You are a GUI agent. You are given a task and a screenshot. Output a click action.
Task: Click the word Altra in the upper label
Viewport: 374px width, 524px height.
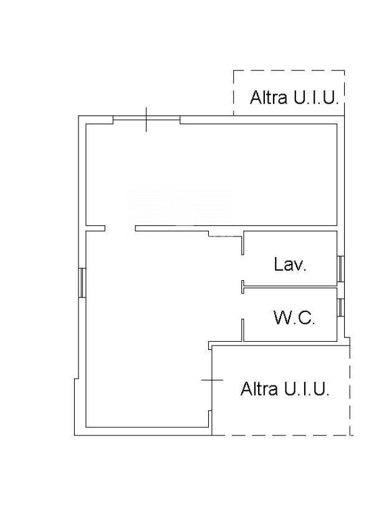coord(269,97)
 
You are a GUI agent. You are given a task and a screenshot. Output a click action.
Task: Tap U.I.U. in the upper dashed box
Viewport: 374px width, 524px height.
coord(316,97)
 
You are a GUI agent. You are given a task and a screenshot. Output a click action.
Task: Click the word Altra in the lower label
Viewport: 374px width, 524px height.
coord(259,389)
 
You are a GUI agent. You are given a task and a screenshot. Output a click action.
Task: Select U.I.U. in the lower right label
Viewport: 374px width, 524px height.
coord(307,389)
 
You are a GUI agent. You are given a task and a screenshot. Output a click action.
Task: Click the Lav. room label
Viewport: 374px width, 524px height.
coord(290,264)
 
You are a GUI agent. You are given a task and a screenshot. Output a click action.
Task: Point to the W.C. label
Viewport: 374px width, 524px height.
coord(294,318)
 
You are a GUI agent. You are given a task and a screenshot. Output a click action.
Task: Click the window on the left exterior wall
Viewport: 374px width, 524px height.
coord(82,283)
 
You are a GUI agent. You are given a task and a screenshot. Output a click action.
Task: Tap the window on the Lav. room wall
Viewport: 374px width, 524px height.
coord(340,269)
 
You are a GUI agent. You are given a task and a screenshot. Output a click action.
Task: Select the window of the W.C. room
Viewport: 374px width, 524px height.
coord(340,307)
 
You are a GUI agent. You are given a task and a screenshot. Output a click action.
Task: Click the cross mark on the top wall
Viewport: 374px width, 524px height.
coord(146,119)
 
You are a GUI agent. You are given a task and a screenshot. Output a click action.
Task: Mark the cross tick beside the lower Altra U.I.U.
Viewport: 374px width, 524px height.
coord(212,380)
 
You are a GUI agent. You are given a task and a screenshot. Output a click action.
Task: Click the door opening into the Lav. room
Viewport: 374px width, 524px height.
coord(242,268)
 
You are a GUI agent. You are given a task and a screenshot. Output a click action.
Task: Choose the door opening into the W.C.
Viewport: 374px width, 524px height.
coord(242,306)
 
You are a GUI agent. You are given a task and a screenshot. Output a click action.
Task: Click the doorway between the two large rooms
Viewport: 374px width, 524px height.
coord(120,228)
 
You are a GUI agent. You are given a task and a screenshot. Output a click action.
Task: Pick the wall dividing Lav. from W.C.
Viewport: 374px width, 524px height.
coord(289,287)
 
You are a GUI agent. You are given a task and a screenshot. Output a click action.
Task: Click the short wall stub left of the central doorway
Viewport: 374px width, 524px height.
coord(95,228)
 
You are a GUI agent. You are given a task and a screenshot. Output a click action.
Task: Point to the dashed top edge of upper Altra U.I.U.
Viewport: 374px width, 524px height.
coord(289,70)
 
